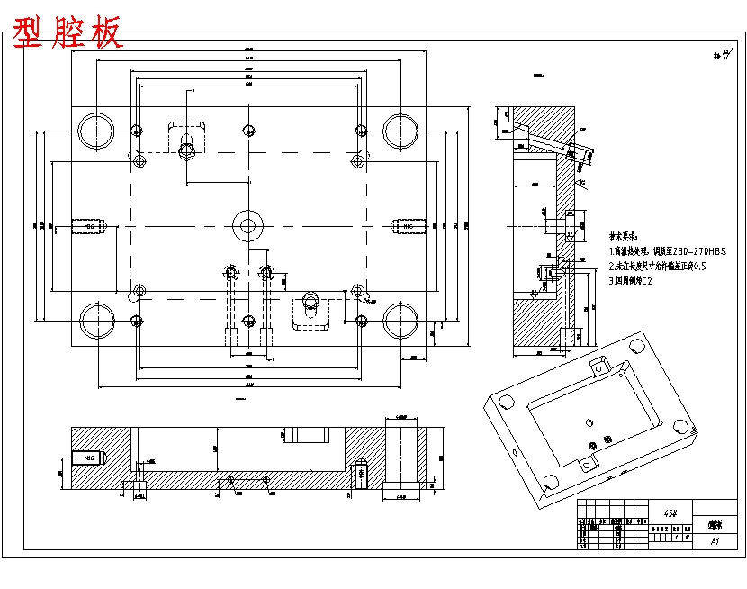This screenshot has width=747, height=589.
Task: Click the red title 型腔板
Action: (67, 33)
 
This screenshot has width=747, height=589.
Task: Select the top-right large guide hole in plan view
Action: (399, 130)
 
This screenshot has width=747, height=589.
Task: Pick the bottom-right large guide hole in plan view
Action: (399, 321)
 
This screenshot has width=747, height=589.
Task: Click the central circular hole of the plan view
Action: (247, 225)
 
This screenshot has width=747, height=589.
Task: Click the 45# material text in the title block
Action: (670, 512)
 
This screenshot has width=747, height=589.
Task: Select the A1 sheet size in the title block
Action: (715, 542)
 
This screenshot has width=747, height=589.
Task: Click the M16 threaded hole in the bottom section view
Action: (88, 458)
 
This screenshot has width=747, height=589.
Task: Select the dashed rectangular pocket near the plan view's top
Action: (187, 136)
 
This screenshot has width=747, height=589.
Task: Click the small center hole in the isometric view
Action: (587, 421)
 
